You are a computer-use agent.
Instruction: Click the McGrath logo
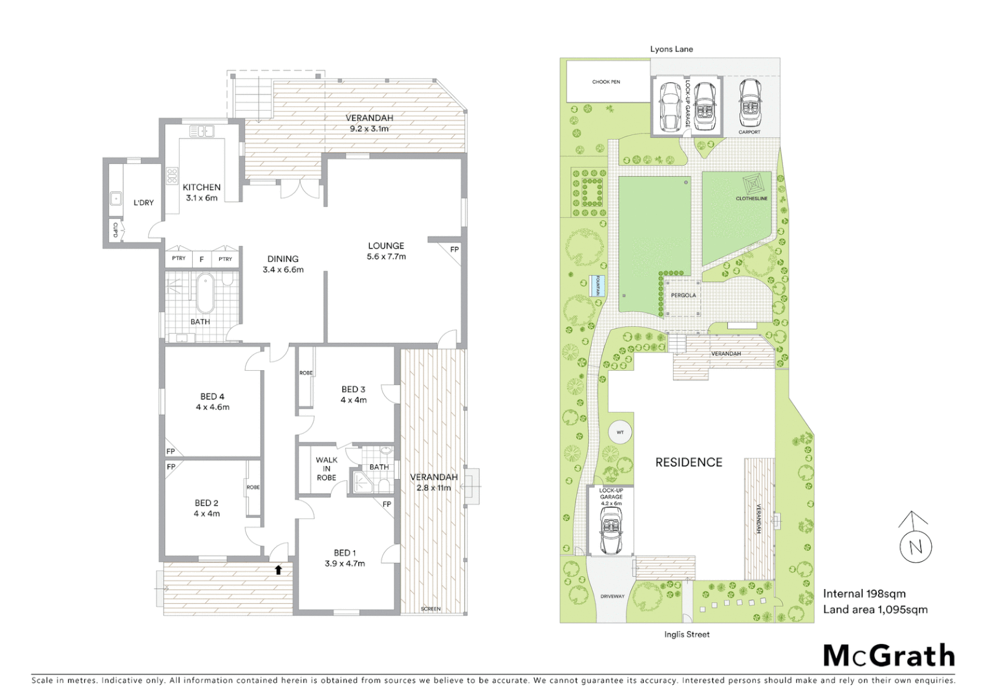(888, 656)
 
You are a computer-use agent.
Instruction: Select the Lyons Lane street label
(671, 49)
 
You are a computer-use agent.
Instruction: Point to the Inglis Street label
(687, 634)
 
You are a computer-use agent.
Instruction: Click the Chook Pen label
(606, 82)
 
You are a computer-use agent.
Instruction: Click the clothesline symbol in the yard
(751, 184)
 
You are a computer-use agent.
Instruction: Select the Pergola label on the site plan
(683, 295)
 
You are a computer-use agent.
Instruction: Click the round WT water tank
(620, 432)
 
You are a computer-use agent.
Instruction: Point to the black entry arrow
(278, 570)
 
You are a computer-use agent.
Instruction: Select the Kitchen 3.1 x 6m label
(202, 192)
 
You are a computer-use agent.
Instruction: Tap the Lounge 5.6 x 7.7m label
(386, 251)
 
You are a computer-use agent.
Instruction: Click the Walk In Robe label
(327, 469)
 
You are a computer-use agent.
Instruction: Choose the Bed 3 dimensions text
(354, 400)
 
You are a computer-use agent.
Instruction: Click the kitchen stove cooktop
(172, 176)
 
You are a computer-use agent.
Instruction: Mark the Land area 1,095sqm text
(875, 609)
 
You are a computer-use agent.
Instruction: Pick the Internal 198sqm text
(864, 594)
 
